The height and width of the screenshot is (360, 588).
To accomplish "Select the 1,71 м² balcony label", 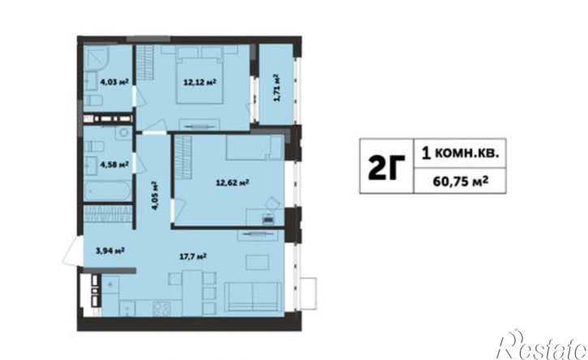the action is pyautogui.click(x=277, y=88).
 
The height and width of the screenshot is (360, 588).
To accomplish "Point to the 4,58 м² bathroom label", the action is pyautogui.click(x=114, y=164).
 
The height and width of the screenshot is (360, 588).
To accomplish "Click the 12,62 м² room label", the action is pyautogui.click(x=233, y=182).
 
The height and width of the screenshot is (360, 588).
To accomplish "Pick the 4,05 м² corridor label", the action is pyautogui.click(x=154, y=195).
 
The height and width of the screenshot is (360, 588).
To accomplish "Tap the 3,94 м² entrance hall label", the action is pyautogui.click(x=110, y=251).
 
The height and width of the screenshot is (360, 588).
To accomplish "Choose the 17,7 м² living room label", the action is pyautogui.click(x=194, y=257).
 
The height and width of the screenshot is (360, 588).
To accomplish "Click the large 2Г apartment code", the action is pyautogui.click(x=386, y=167).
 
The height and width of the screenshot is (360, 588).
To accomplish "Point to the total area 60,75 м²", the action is pyautogui.click(x=461, y=182).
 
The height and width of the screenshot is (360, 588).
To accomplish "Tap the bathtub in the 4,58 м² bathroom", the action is pyautogui.click(x=108, y=191).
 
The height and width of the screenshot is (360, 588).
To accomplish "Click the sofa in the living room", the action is pyautogui.click(x=253, y=297).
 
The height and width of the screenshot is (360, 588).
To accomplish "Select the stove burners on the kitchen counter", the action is pyautogui.click(x=161, y=309).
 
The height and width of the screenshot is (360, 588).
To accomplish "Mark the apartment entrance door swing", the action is pyautogui.click(x=73, y=251).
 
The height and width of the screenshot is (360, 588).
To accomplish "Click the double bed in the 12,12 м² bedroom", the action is pyautogui.click(x=200, y=80).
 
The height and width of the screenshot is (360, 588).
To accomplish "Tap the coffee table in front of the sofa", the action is pyautogui.click(x=257, y=263).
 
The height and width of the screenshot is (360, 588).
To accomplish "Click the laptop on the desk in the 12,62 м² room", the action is pyautogui.click(x=268, y=219).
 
